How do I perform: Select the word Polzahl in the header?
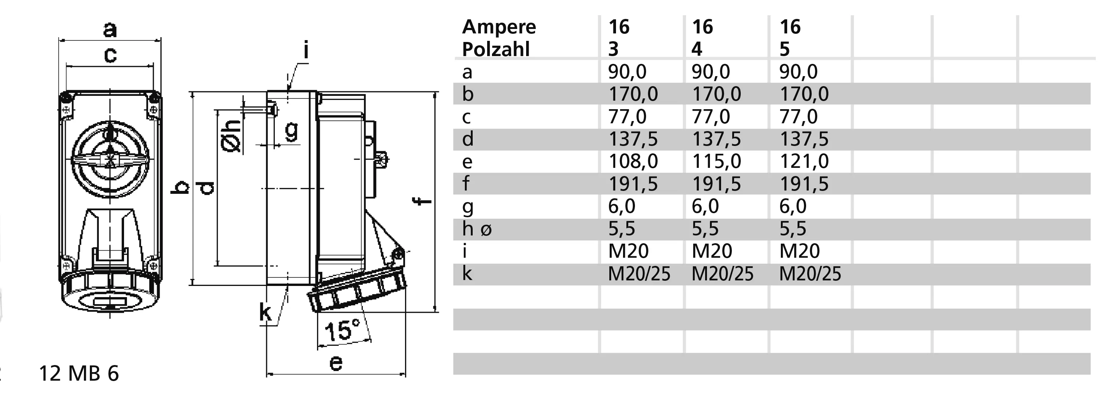[496, 50]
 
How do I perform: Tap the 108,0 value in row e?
[633, 162]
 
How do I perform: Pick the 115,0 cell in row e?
[717, 162]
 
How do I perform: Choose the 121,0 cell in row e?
[804, 162]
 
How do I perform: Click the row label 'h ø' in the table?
[477, 229]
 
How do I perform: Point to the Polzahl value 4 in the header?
[697, 49]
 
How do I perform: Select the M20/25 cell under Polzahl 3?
[639, 274]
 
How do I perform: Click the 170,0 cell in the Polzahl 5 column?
[804, 94]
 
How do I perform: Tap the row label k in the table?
[467, 273]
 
